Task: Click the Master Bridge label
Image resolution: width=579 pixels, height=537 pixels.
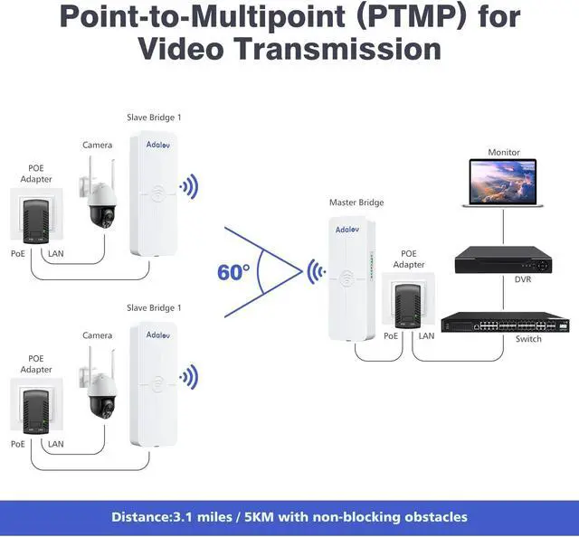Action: [356, 203]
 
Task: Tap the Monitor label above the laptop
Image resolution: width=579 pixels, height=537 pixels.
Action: [504, 153]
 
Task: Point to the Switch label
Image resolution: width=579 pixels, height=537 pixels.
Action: [527, 339]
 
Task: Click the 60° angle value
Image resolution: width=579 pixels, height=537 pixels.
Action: [233, 271]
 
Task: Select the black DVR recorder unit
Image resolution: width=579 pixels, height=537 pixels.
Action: [502, 260]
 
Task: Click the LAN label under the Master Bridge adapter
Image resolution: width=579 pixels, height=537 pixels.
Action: [426, 335]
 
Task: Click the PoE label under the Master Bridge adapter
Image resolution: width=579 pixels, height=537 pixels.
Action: [391, 335]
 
